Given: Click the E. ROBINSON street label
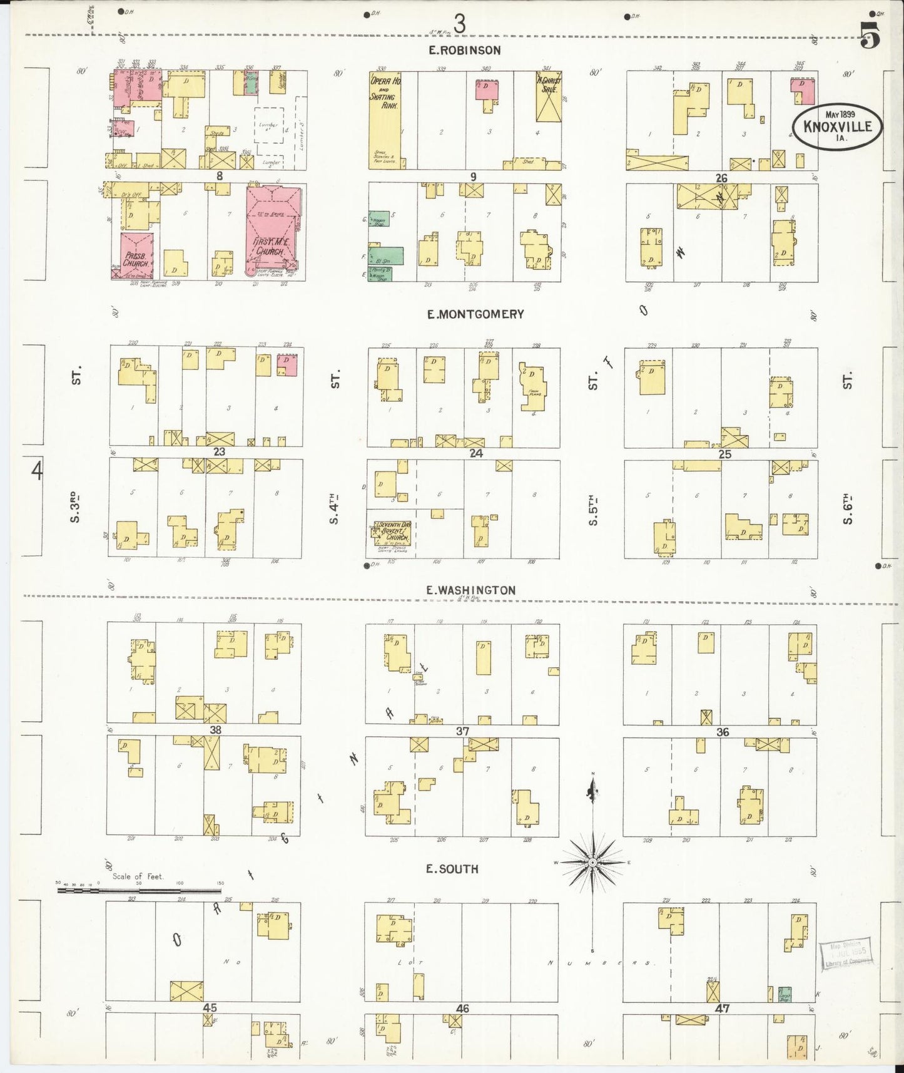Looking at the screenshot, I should coord(464,51).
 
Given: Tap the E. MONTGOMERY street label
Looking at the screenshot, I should coord(475,314).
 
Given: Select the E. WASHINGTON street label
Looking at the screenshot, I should coord(470,590).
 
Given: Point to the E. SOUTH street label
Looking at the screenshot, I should coord(452,869).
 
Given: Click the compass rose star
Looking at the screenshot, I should coord(592,863).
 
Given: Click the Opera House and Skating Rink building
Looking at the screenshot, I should coord(384,119).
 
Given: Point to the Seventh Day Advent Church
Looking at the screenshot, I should coord(392,532).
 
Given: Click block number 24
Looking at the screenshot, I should coord(476,453).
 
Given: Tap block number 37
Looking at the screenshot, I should coord(462,731).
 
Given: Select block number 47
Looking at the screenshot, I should coord(721,1009).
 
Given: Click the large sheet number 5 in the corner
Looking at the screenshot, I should coord(870,34).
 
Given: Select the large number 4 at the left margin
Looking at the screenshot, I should coord(37,470).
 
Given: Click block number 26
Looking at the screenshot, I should coord(721,178).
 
